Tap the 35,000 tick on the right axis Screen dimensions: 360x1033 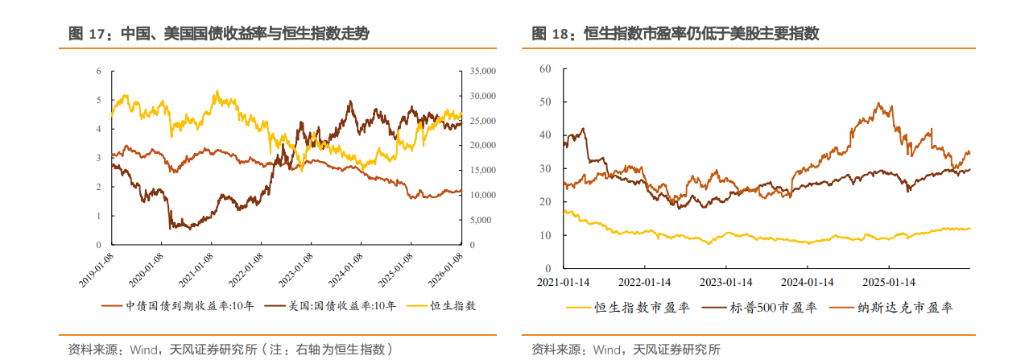coord(484,71)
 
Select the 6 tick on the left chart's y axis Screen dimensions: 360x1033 coord(98,71)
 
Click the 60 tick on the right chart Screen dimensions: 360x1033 coord(544,69)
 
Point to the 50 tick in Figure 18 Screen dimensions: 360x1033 coord(544,102)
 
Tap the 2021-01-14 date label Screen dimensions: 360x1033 coord(564,283)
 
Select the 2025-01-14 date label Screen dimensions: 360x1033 coord(888,283)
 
